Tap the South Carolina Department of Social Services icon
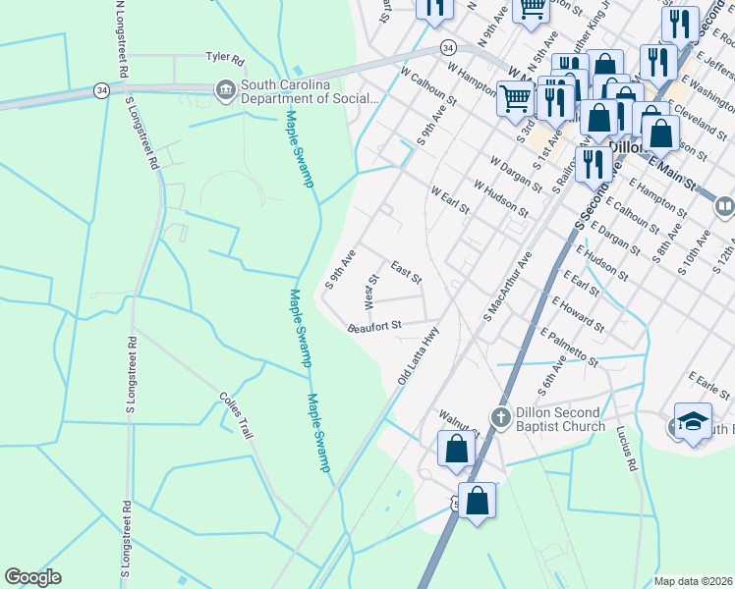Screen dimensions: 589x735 pos(227,89)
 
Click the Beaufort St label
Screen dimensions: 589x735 pos(374,327)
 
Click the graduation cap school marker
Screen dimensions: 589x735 pos(693,422)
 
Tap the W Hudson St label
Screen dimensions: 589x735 pos(500,198)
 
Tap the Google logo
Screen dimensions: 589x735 pos(32,577)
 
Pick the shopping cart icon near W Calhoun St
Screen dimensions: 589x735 pos(516,98)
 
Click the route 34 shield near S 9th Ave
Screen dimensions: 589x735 pos(447,47)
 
